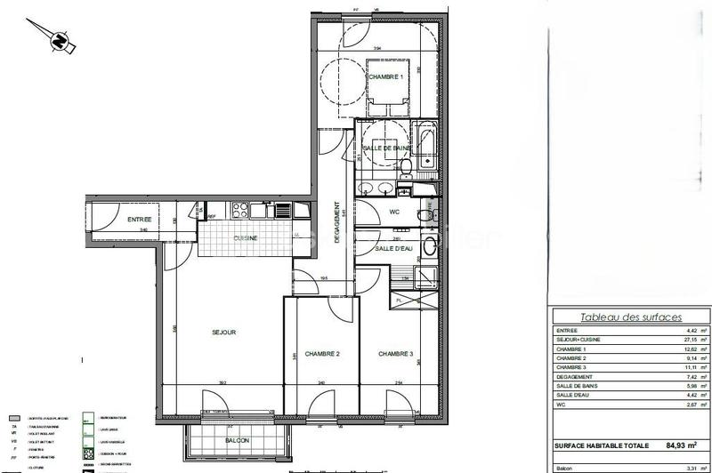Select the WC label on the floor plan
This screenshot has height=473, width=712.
click(x=395, y=212)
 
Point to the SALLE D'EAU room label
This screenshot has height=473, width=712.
click(x=392, y=249)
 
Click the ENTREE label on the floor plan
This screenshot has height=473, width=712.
click(x=139, y=220)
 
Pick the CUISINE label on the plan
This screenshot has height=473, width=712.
click(x=247, y=238)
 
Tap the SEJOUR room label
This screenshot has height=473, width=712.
click(x=223, y=333)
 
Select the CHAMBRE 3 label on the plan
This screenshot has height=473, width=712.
click(x=396, y=353)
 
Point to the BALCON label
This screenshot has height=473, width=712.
click(x=237, y=441)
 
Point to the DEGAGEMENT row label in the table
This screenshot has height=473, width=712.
click(x=574, y=377)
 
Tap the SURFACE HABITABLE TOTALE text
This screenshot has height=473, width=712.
click(x=602, y=445)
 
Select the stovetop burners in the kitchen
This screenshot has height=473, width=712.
click(x=239, y=211)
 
